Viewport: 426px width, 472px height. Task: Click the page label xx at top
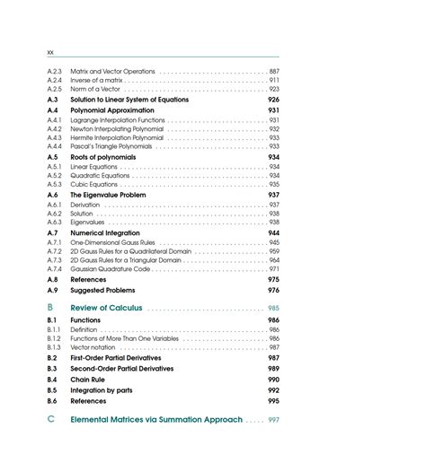(50, 52)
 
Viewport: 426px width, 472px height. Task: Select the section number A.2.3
(54, 71)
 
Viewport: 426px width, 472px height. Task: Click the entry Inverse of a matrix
(96, 80)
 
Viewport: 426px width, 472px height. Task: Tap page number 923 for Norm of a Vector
(274, 89)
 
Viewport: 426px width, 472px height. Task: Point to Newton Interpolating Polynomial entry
(117, 128)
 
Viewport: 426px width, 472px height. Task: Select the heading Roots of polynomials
(105, 157)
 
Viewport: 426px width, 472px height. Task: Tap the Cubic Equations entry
(93, 185)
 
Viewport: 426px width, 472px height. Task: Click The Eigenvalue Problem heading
(108, 195)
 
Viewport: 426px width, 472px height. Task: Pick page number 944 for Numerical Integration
(273, 232)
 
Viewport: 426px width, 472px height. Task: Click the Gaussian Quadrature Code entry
(110, 269)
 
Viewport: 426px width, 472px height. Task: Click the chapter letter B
(51, 308)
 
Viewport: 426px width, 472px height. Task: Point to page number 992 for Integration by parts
(273, 390)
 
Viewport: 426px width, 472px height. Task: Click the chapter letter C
(51, 419)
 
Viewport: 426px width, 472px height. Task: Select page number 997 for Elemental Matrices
(273, 420)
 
